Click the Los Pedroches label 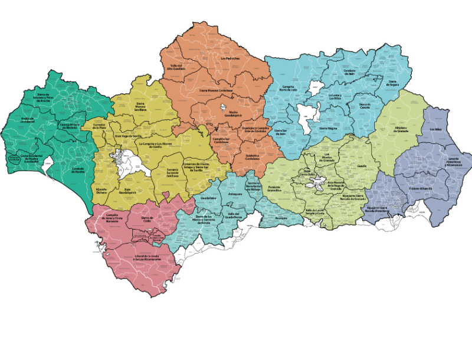230,58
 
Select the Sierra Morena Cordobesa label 216,91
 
